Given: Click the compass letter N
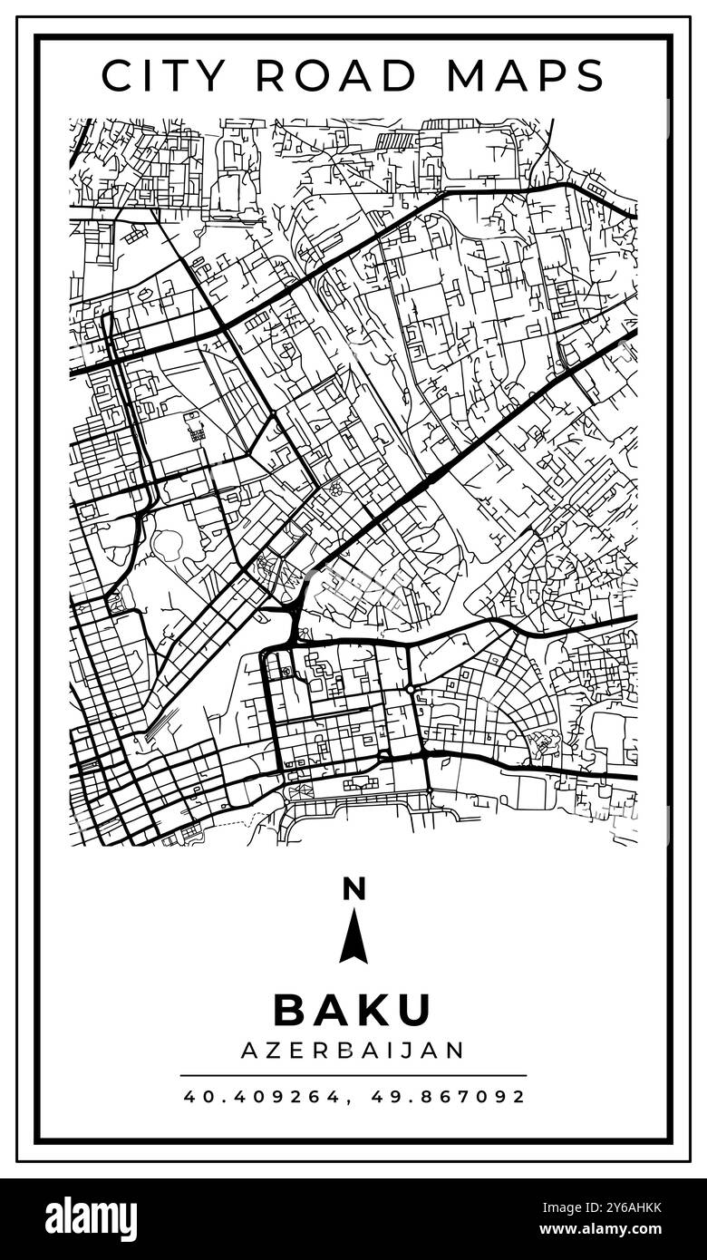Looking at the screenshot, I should pos(353,889).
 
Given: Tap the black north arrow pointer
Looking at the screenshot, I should pos(353,938).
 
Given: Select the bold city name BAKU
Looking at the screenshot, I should pos(353,1010).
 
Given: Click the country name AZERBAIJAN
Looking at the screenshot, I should pos(353,1050).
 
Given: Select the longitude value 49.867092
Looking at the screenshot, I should pos(449,1097).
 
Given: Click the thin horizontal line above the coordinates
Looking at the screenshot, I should pos(353,1076).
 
